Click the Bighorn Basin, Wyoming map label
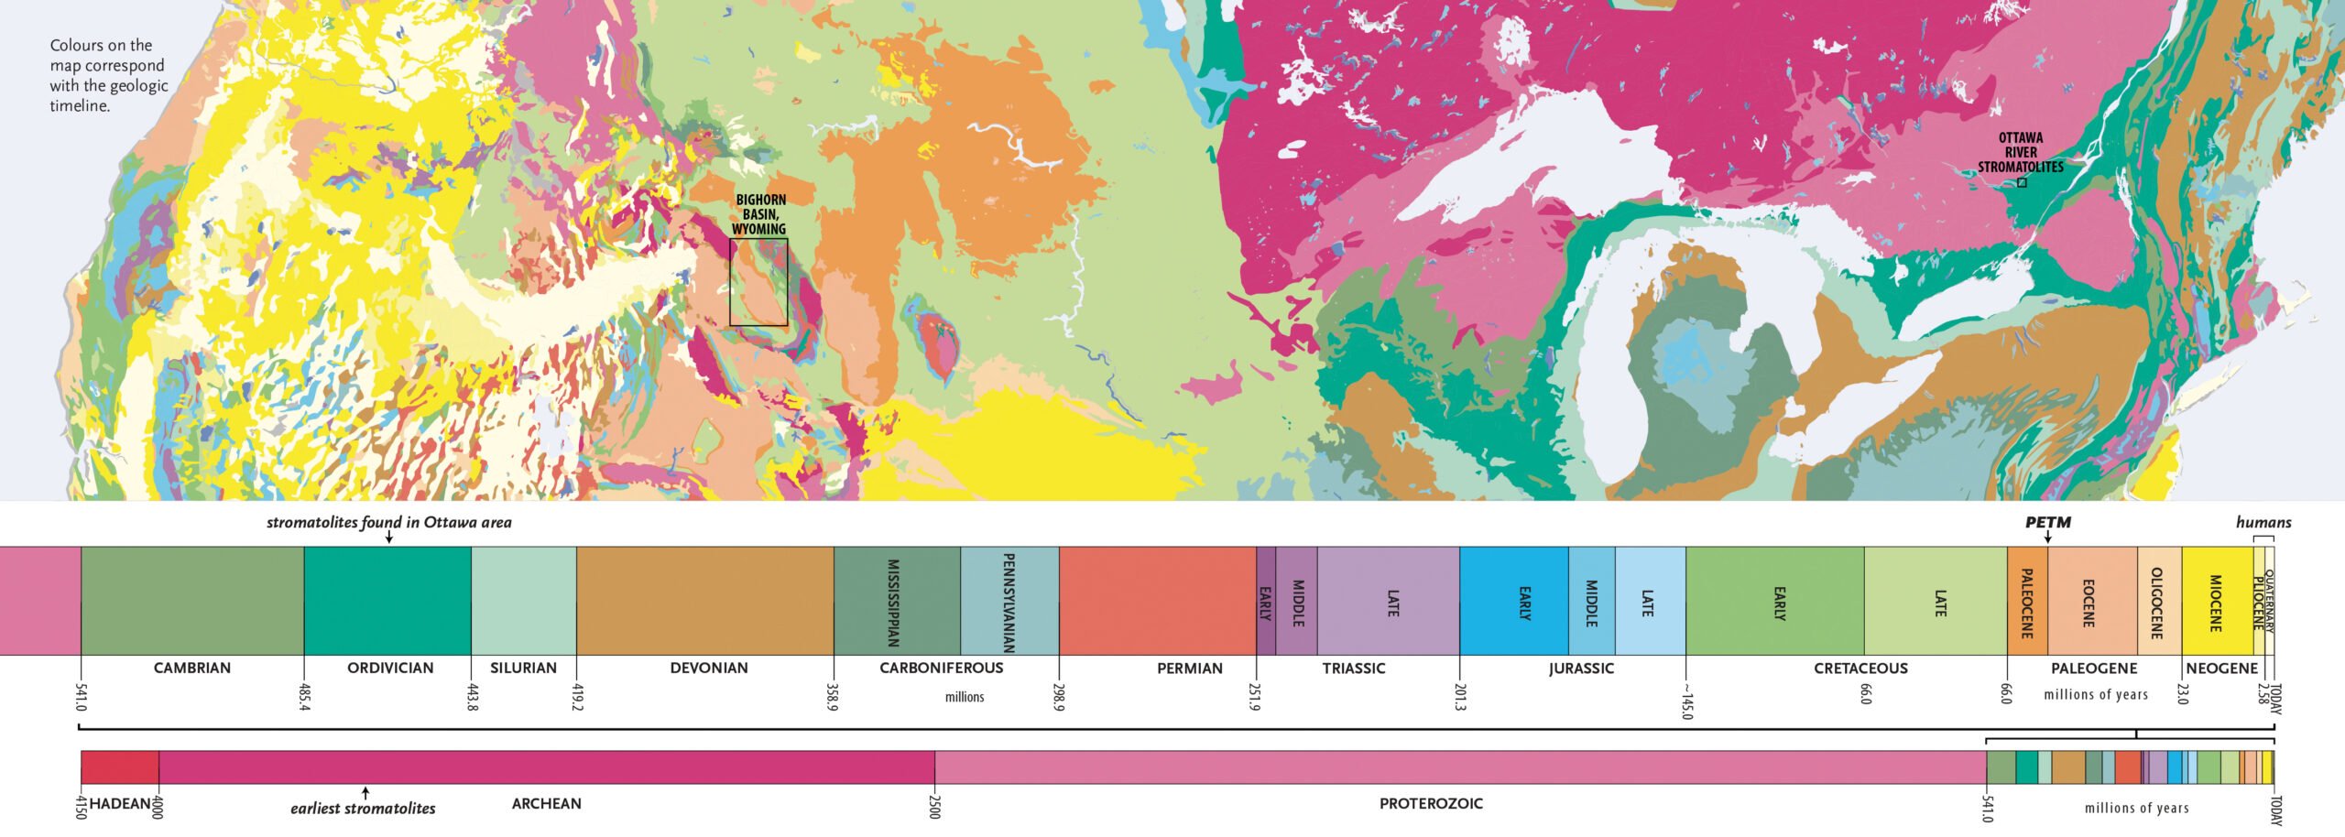pyautogui.click(x=759, y=214)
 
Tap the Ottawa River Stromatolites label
pyautogui.click(x=2020, y=152)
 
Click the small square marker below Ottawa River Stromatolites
pyautogui.click(x=2022, y=183)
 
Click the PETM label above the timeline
pyautogui.click(x=2047, y=523)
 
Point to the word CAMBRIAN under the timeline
pyautogui.click(x=192, y=669)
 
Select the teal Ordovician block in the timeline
pyautogui.click(x=387, y=601)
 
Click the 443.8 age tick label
pyautogui.click(x=473, y=695)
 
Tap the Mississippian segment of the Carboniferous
pyautogui.click(x=897, y=601)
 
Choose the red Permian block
pyautogui.click(x=1157, y=601)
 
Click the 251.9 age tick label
pyautogui.click(x=1255, y=695)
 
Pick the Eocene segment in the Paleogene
pyautogui.click(x=2092, y=601)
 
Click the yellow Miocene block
pyautogui.click(x=2216, y=601)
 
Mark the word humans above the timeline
pyautogui.click(x=2263, y=523)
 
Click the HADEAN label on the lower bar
pyautogui.click(x=120, y=804)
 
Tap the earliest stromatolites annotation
pyautogui.click(x=363, y=809)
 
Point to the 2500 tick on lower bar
pyautogui.click(x=934, y=805)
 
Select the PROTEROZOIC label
pyautogui.click(x=1431, y=804)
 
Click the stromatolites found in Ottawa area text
pyautogui.click(x=388, y=523)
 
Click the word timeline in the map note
pyautogui.click(x=80, y=106)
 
